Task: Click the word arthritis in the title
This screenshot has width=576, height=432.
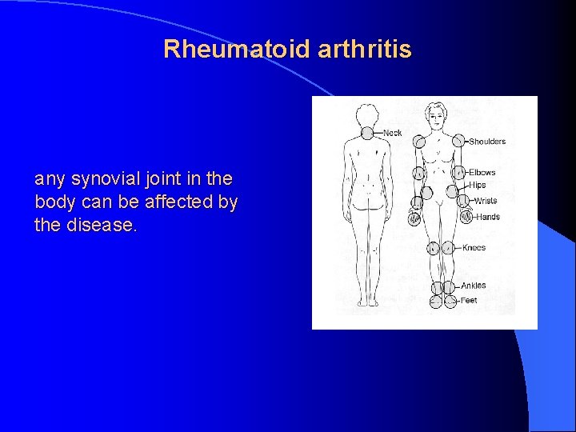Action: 365,50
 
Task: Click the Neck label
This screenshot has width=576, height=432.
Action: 393,133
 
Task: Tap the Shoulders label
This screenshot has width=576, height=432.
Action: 487,142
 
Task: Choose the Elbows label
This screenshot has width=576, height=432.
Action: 482,172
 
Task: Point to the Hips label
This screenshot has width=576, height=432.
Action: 477,185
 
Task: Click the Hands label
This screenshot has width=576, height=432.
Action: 487,217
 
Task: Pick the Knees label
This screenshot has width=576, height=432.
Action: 474,248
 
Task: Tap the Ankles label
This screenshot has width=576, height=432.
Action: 473,286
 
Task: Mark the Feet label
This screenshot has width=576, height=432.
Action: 469,301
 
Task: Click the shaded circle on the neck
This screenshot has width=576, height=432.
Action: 367,133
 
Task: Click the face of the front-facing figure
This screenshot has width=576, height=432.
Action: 437,114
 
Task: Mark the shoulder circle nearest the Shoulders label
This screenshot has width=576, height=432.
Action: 458,141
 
